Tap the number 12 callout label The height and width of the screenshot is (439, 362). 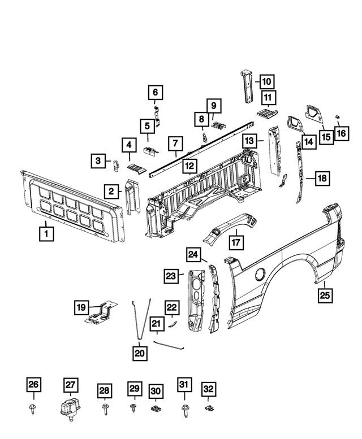189,166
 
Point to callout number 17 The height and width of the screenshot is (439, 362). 236,242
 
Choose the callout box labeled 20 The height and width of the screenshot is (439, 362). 140,353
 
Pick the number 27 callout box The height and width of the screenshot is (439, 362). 70,385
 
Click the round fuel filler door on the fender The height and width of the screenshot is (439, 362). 258,273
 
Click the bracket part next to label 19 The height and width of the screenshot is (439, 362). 100,314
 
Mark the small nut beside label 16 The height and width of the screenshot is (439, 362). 338,116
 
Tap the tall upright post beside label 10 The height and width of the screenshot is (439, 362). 247,86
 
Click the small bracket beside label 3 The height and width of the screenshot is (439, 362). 117,164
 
